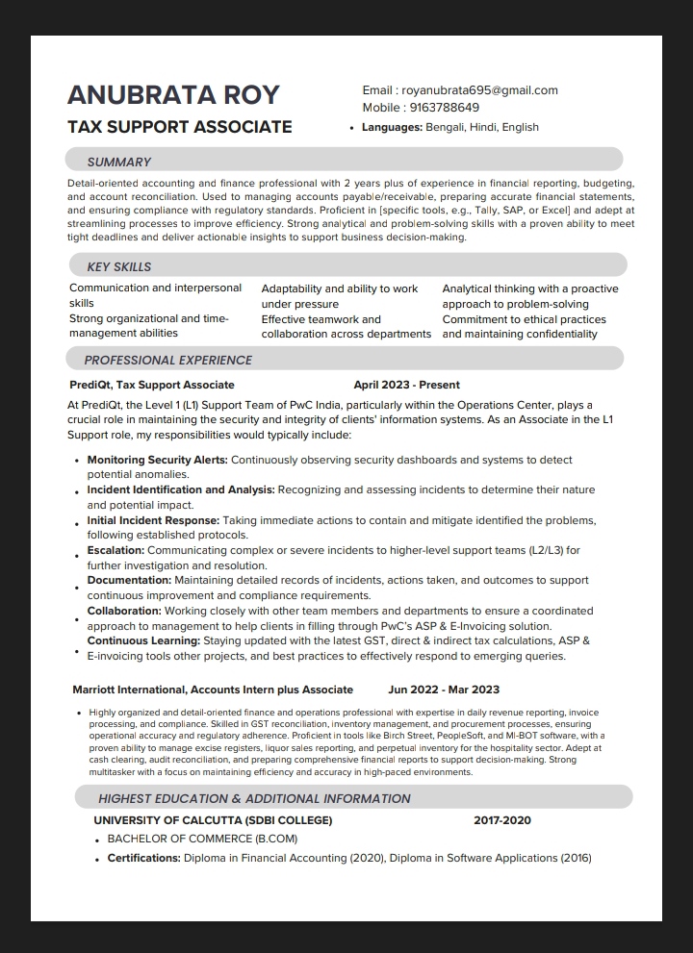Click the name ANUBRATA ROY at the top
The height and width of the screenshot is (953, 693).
[173, 94]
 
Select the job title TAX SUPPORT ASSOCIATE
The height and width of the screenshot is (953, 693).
[180, 127]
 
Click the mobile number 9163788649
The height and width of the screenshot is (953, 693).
[444, 108]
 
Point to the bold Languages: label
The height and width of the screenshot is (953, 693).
[392, 127]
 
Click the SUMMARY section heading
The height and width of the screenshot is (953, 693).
[119, 162]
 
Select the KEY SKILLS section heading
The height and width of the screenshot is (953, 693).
[119, 266]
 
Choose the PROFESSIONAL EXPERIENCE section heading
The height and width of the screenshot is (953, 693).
[168, 360]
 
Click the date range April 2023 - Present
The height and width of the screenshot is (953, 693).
[406, 385]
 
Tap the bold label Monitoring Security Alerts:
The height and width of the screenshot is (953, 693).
[158, 460]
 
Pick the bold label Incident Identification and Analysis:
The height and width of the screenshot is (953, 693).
[181, 489]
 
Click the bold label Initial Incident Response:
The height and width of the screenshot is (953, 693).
[153, 520]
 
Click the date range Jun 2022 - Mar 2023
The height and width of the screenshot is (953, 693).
[444, 690]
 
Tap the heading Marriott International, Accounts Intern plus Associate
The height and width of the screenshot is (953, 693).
[213, 690]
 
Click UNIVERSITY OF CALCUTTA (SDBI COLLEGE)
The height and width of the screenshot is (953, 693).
[213, 820]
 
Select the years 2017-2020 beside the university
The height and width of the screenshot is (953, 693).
[502, 820]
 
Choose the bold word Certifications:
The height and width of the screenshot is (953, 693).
[144, 858]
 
